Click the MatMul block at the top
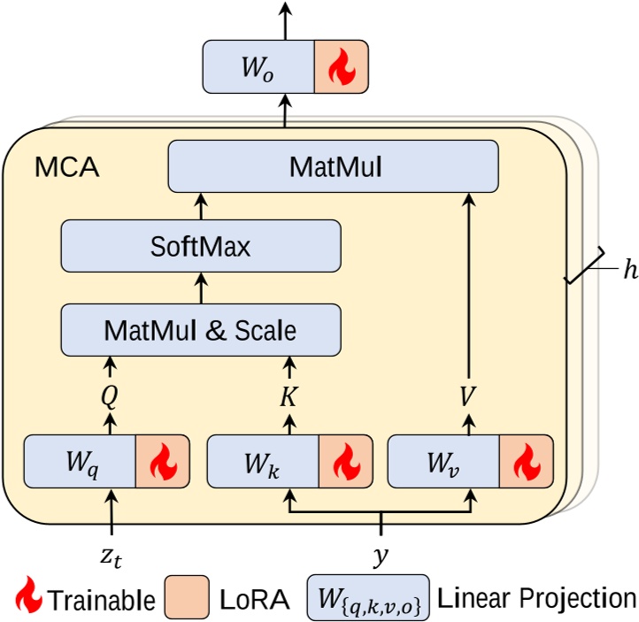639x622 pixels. coord(334,167)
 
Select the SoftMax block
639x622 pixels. coord(200,246)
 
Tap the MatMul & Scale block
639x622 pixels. coord(200,330)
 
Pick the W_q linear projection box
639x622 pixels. coord(79,461)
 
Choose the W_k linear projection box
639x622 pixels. coord(262,461)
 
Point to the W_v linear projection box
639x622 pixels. coord(443,461)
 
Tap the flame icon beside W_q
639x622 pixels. coord(162,461)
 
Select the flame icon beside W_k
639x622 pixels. coord(344,461)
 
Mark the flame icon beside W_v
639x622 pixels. coord(526,461)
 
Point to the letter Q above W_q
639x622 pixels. coord(110,397)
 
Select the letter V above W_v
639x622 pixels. coord(468,397)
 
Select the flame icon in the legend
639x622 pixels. coord(30,596)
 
